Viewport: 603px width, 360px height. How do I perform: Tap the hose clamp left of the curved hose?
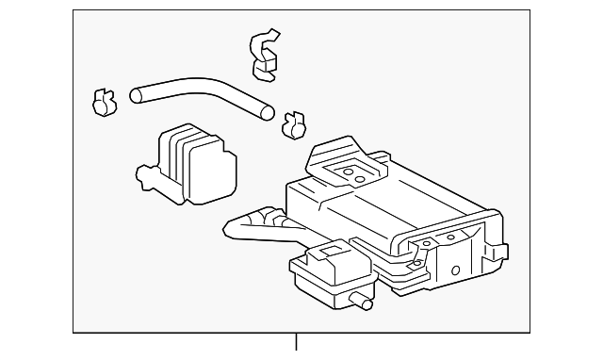click(103, 102)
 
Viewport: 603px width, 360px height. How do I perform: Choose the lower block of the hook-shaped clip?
click(267, 68)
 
